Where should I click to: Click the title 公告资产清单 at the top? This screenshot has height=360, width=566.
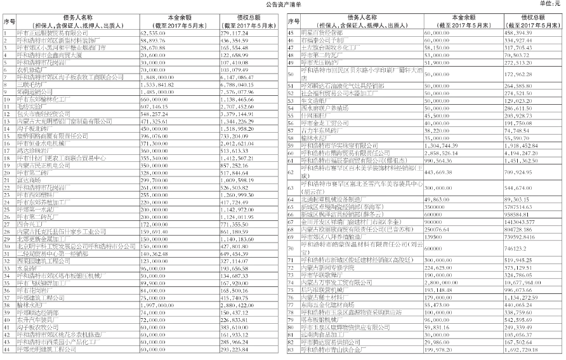pos(282,4)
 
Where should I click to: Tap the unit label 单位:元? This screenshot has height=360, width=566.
pos(550,4)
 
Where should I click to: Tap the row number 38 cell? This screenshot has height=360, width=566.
pos(6,297)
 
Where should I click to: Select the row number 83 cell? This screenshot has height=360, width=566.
pos(289,349)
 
